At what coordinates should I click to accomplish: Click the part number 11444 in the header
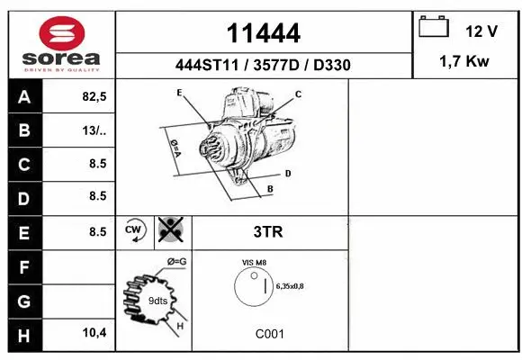263,34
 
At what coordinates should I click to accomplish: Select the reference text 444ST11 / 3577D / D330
263,65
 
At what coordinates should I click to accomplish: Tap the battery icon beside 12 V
434,28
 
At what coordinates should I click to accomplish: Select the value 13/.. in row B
94,131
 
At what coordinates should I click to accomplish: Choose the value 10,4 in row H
94,333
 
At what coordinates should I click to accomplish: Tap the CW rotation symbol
135,231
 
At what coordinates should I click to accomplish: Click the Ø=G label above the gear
176,261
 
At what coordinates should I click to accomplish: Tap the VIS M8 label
254,262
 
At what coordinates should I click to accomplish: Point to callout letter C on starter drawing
299,94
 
